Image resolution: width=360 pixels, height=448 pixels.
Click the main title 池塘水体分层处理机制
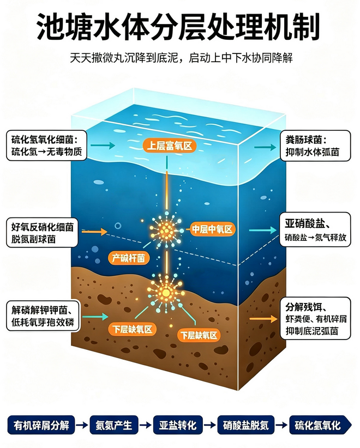(178, 27)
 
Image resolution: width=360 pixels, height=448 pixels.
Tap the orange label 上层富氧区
(170, 146)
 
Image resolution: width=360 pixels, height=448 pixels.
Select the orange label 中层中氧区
(212, 229)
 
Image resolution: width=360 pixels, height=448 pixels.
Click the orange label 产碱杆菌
(128, 258)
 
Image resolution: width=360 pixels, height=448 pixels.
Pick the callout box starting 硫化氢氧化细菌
(46, 145)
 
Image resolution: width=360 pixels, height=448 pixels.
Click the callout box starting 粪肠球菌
(315, 146)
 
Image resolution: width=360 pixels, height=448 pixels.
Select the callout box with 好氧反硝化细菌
(43, 233)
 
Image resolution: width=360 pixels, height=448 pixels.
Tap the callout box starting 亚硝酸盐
(315, 231)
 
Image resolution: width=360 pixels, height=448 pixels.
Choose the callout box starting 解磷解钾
(43, 316)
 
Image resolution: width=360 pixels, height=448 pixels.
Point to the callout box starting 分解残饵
(315, 318)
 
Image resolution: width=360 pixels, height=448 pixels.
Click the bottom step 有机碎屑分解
(41, 425)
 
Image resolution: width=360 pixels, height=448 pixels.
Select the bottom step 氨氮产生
(114, 425)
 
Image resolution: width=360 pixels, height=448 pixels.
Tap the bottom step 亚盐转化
(178, 425)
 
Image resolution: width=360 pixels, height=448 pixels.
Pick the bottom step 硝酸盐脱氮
(246, 425)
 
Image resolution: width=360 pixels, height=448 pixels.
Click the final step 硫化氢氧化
(320, 425)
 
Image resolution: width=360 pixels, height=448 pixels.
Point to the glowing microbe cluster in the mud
(166, 292)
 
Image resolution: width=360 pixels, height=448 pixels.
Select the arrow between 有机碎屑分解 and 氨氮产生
(82, 425)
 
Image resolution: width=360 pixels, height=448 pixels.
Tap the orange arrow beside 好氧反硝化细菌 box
(94, 232)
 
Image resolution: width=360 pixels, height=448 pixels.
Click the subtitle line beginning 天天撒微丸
(181, 58)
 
